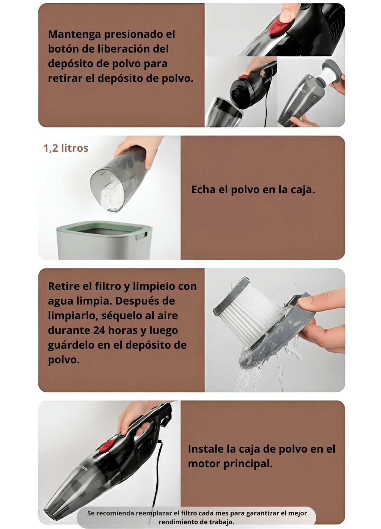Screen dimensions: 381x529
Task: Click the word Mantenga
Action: (75, 35)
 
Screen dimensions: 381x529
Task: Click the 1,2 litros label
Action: (66, 148)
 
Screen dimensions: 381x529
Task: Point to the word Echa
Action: (203, 190)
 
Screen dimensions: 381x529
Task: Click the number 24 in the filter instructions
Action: (99, 330)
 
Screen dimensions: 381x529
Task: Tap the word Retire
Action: (64, 286)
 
